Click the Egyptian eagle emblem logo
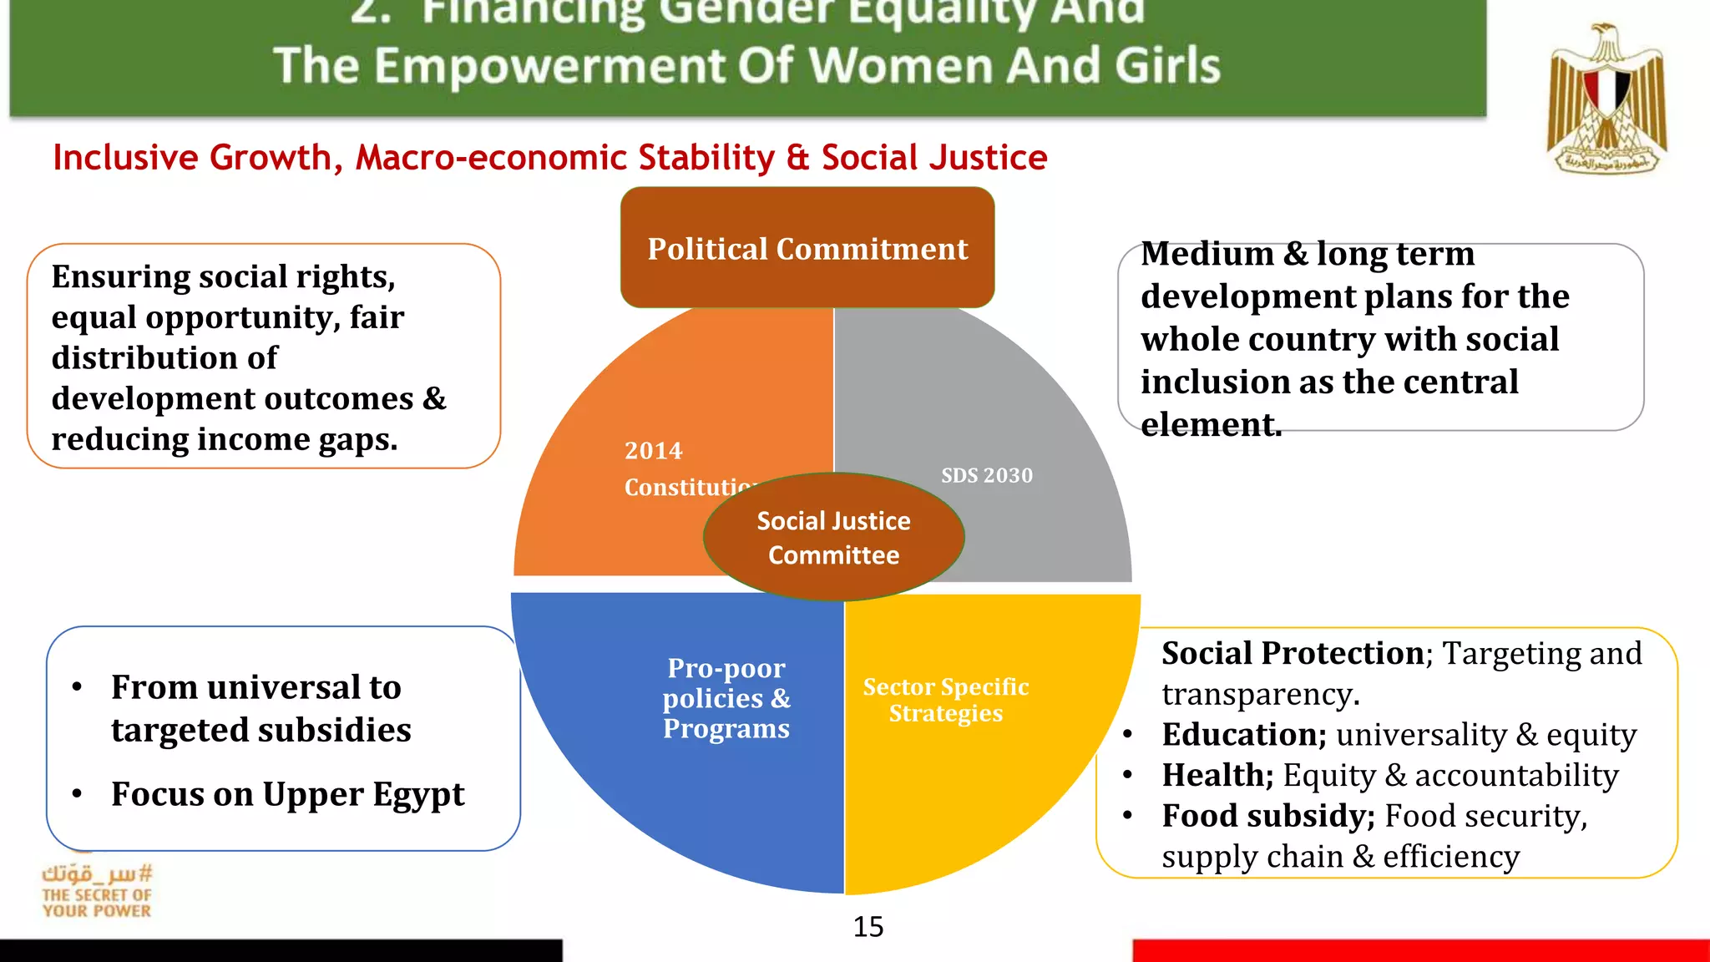(x=1606, y=99)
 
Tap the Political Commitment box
(x=807, y=248)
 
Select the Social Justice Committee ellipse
(x=833, y=538)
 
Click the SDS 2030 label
(x=987, y=475)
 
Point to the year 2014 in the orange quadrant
(x=653, y=451)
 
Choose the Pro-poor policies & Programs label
(x=726, y=698)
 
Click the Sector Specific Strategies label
(x=946, y=700)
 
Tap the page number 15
(x=868, y=927)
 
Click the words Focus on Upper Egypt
(x=288, y=794)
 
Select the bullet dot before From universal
(x=78, y=687)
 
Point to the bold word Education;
(x=1243, y=735)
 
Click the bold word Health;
(x=1217, y=776)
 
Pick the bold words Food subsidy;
(x=1267, y=816)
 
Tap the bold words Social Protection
(x=1293, y=653)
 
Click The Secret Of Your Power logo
(x=98, y=892)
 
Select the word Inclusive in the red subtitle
(x=125, y=158)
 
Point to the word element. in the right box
(x=1211, y=425)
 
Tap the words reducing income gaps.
(x=224, y=439)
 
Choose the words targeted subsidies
(x=261, y=731)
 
